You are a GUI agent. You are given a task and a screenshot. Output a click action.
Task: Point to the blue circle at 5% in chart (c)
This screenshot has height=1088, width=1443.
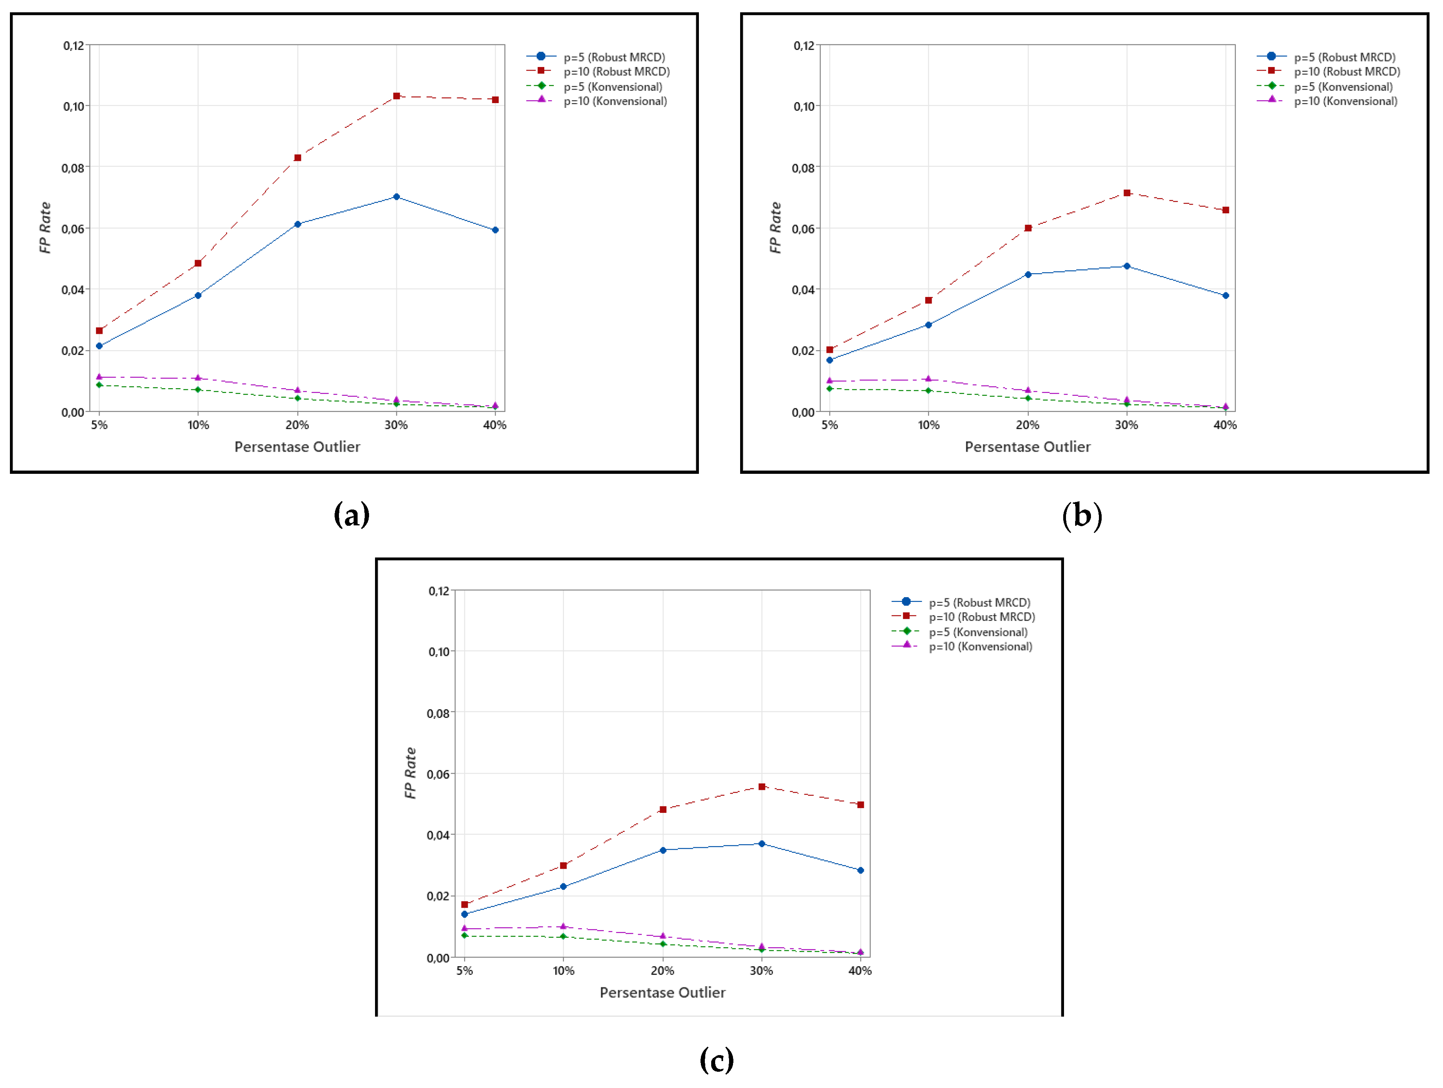[x=465, y=914]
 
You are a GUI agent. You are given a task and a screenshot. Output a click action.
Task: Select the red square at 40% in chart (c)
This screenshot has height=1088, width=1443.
[x=861, y=804]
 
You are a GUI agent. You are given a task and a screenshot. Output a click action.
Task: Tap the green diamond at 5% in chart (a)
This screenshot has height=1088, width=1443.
[x=99, y=385]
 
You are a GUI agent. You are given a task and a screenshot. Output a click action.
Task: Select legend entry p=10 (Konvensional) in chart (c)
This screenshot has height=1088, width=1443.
[x=980, y=646]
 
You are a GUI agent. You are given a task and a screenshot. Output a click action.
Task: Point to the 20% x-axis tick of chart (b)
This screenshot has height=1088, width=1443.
[x=1028, y=425]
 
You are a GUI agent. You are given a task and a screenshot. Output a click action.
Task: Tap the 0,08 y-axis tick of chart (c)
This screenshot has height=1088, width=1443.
[x=438, y=713]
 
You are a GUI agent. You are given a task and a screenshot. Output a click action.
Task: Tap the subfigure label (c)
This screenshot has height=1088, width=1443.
[x=716, y=1060]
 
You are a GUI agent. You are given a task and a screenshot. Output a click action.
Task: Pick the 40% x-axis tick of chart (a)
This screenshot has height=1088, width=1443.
[x=494, y=425]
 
